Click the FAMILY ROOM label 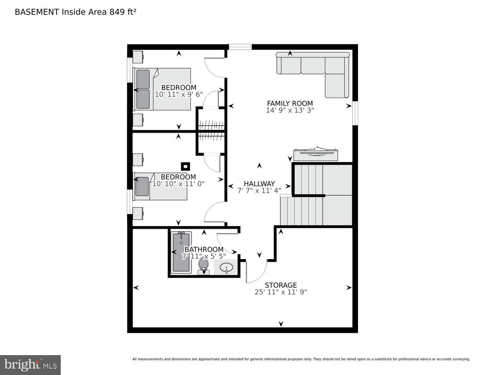click(x=290, y=103)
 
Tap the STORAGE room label click(x=281, y=285)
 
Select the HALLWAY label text click(x=259, y=184)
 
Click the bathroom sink click(x=226, y=268)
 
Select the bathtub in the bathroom click(x=181, y=252)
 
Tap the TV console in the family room click(x=316, y=154)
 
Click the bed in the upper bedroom click(x=162, y=89)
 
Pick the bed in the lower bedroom click(x=160, y=186)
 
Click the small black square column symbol click(x=185, y=166)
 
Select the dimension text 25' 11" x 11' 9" click(x=281, y=292)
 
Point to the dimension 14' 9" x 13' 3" click(x=290, y=110)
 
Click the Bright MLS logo click(x=30, y=364)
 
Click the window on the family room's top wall click(x=240, y=47)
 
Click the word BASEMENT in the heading click(x=37, y=12)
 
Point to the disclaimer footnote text click(x=301, y=359)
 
